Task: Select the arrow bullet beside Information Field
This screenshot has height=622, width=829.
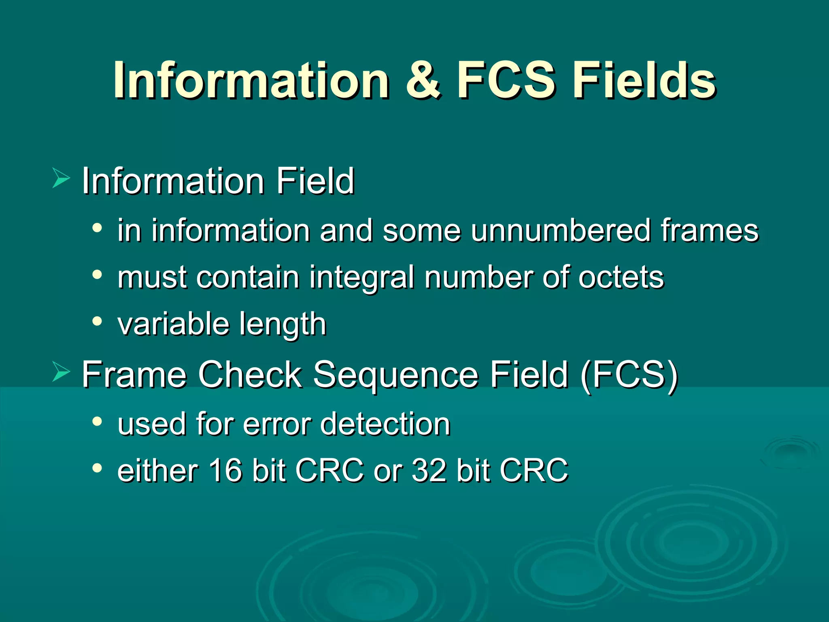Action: (61, 179)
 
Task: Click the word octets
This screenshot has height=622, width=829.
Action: (621, 277)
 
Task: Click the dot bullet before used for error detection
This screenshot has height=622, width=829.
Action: (97, 422)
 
